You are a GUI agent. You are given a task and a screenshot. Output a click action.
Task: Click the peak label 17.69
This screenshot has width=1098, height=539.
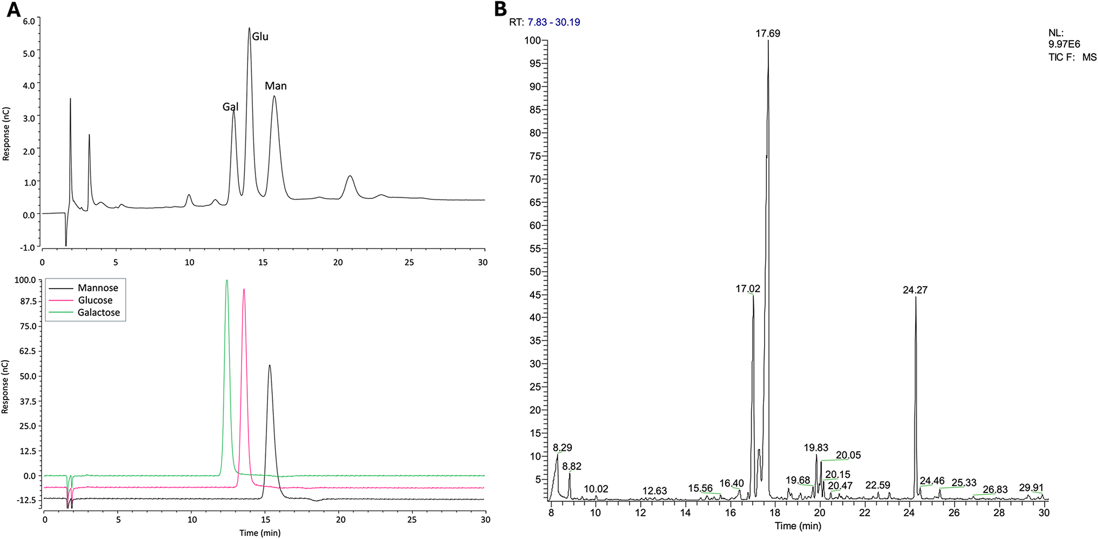(767, 34)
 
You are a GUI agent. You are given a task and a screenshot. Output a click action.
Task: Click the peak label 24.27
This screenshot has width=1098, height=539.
(915, 290)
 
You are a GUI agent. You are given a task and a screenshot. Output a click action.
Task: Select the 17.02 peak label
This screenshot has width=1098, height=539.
(747, 289)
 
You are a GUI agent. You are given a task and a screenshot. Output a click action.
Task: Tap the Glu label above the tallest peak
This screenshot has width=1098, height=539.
(260, 37)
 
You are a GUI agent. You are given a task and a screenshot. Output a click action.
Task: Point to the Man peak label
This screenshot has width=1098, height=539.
(276, 86)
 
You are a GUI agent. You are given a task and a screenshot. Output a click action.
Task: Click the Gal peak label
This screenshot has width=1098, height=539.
(230, 107)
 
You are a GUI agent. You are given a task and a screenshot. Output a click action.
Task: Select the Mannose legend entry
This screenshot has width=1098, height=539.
(97, 288)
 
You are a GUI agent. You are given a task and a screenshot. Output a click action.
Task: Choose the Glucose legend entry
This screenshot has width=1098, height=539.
(95, 300)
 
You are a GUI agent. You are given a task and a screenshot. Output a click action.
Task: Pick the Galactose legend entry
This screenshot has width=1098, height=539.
(98, 312)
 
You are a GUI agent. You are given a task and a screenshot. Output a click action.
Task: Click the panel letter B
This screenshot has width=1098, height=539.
(500, 9)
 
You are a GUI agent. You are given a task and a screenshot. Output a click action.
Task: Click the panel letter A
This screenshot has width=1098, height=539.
(14, 9)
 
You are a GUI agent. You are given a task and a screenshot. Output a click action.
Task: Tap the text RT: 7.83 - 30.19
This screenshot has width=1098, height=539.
(544, 22)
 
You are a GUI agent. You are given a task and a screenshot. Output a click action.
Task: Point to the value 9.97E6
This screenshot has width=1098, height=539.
(1064, 45)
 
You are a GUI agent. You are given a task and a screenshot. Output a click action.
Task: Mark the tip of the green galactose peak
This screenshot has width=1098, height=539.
(227, 281)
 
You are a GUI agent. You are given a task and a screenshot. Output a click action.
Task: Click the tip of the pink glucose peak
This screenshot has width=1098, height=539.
(244, 290)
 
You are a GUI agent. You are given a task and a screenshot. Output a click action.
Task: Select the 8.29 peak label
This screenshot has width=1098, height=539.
(562, 448)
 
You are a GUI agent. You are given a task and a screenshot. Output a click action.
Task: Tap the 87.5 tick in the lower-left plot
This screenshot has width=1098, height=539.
(26, 301)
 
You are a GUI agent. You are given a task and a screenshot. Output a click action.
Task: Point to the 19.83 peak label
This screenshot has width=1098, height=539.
(815, 448)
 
